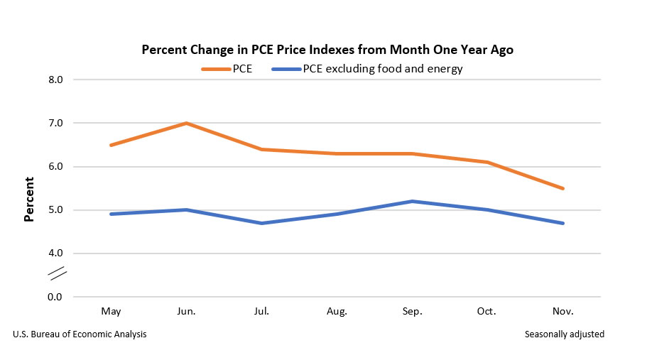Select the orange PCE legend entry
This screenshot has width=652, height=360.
(x=226, y=69)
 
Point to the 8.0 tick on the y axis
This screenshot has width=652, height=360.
(x=55, y=80)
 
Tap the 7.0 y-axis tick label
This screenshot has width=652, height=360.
(x=55, y=123)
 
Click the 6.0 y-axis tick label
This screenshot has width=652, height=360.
(x=55, y=167)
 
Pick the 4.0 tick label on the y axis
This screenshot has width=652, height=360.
(x=55, y=253)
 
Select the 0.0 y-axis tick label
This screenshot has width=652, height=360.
(x=55, y=297)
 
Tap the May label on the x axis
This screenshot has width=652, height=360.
(x=111, y=312)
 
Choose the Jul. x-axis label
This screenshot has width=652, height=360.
(x=261, y=312)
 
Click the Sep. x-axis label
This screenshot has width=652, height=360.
(x=413, y=312)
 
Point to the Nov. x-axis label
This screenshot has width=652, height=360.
(x=563, y=312)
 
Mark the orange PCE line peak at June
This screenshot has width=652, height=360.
(x=186, y=123)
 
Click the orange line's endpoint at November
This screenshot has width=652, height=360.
(x=563, y=188)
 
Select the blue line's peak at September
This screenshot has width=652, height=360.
(x=413, y=201)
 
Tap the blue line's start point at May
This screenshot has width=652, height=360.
(x=111, y=214)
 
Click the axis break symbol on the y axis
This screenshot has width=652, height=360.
(x=56, y=272)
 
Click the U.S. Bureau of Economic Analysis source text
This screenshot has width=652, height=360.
(x=80, y=334)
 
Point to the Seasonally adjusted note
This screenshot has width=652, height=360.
(x=565, y=334)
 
